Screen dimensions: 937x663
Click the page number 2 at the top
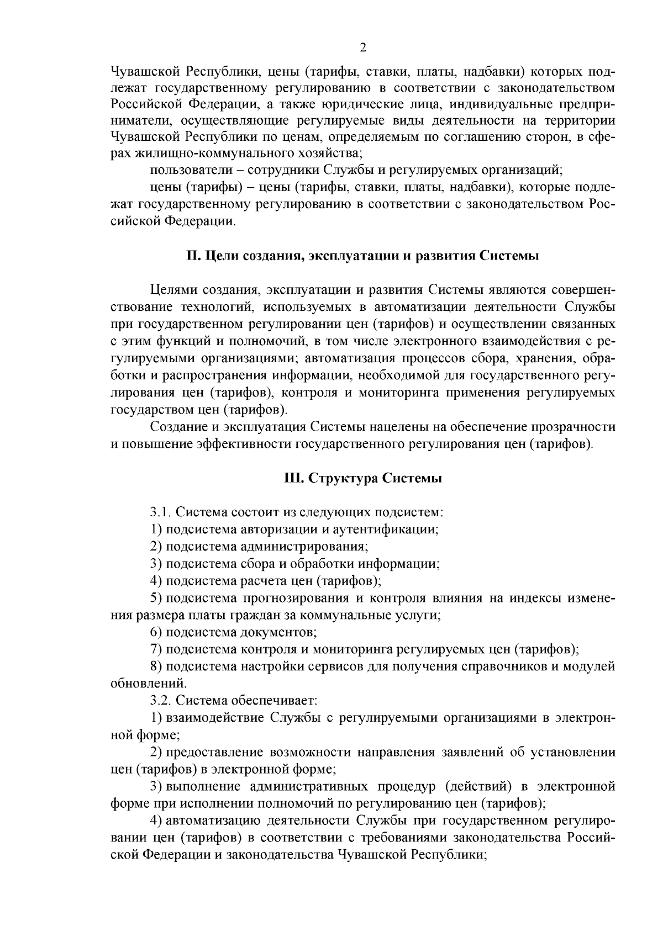click(363, 47)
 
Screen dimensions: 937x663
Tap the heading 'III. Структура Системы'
click(363, 478)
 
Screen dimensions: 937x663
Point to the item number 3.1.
click(160, 512)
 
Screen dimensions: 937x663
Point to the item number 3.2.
click(161, 701)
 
